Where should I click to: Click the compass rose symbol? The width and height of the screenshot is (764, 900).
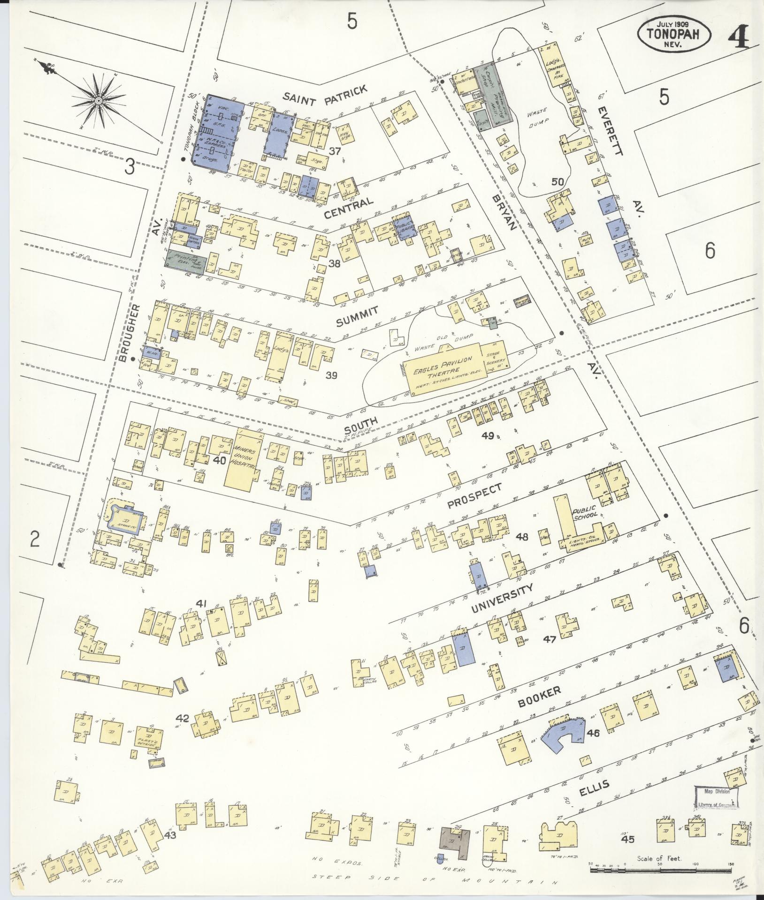point(99,100)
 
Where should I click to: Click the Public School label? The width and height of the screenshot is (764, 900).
point(584,511)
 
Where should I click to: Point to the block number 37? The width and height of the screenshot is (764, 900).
point(334,151)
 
